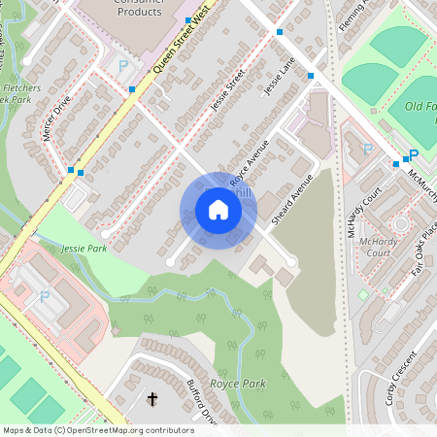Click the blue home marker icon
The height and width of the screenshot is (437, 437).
[218, 210]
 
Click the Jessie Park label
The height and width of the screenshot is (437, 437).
[84, 249]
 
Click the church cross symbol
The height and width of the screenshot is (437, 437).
[151, 398]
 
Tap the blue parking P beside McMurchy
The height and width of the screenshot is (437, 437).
[413, 155]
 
